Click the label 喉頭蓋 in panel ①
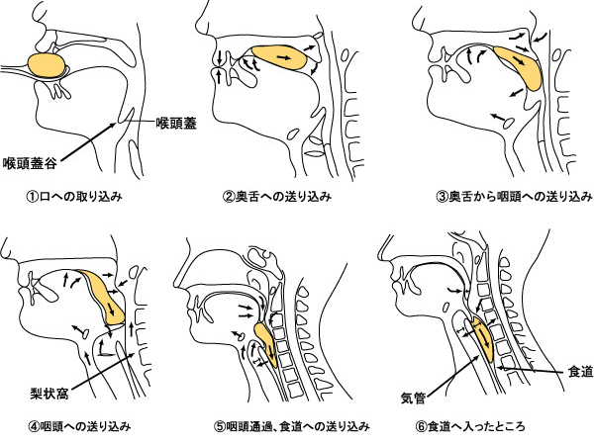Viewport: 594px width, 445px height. coord(176,123)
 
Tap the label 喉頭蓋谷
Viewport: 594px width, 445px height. coord(31,163)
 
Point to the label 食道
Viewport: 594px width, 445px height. coord(580,372)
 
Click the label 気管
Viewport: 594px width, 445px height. coord(413,399)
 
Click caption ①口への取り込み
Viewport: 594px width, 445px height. coord(74,197)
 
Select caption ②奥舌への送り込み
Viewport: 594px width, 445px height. coord(277,197)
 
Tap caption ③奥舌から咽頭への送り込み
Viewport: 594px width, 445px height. coord(515,197)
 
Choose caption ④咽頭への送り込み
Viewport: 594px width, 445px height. coord(80,426)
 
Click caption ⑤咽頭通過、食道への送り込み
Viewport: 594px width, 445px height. coord(291,426)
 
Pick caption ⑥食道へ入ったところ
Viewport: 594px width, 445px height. coord(470,426)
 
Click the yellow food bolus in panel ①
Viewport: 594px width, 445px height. coord(47,65)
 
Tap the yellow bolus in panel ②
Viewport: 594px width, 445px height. coord(279,57)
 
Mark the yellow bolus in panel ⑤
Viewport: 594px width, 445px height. coord(267,343)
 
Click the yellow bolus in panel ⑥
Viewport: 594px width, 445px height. coord(484,338)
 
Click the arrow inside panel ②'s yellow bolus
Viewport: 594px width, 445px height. coord(284,57)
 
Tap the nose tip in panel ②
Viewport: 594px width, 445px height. coord(197,28)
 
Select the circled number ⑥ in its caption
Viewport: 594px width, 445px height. coord(421,426)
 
